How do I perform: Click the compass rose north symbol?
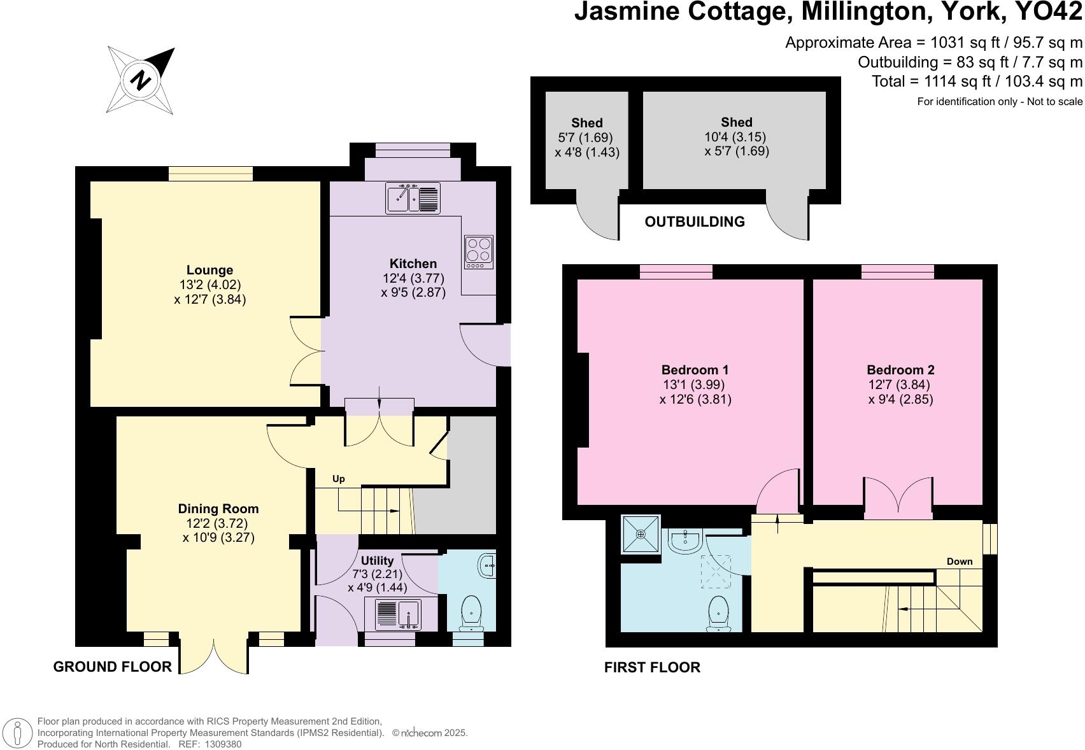pyautogui.click(x=141, y=80)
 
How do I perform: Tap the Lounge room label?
pyautogui.click(x=209, y=270)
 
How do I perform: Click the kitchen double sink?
pyautogui.click(x=413, y=198)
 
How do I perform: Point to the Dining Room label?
pyautogui.click(x=218, y=509)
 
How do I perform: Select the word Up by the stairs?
pyautogui.click(x=339, y=479)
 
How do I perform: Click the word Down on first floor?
pyautogui.click(x=959, y=561)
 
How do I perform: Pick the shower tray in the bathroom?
pyautogui.click(x=641, y=534)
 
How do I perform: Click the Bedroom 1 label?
pyautogui.click(x=695, y=370)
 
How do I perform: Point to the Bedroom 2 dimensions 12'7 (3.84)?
pyautogui.click(x=899, y=385)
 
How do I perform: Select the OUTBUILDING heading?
pyautogui.click(x=694, y=222)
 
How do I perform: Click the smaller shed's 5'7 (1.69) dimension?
pyautogui.click(x=585, y=138)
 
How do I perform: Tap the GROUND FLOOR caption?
pyautogui.click(x=112, y=667)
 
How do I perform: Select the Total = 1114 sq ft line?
pyautogui.click(x=977, y=81)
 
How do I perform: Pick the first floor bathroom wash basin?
pyautogui.click(x=685, y=541)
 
